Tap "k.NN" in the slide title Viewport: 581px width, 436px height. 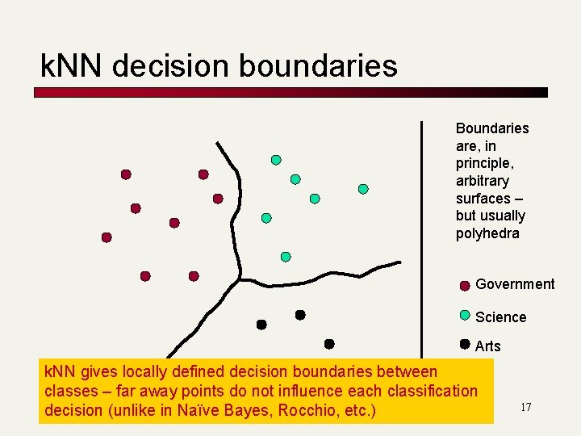coord(73,66)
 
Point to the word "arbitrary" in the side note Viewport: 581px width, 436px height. coord(483,181)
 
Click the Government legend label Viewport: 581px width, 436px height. coord(515,284)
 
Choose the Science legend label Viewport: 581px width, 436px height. coord(500,317)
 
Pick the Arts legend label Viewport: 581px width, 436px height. coord(488,346)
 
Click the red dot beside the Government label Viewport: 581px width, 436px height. coord(465,285)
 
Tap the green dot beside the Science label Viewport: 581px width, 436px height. coord(465,315)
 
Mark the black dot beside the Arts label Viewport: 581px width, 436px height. coord(465,343)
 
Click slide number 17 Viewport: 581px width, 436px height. coord(525,407)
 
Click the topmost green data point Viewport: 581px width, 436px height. coord(276,160)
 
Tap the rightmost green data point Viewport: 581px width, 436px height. coord(363,189)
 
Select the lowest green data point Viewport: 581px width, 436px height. coord(286,257)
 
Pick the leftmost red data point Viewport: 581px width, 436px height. coord(107,237)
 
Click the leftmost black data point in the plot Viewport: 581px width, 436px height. coord(261,325)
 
